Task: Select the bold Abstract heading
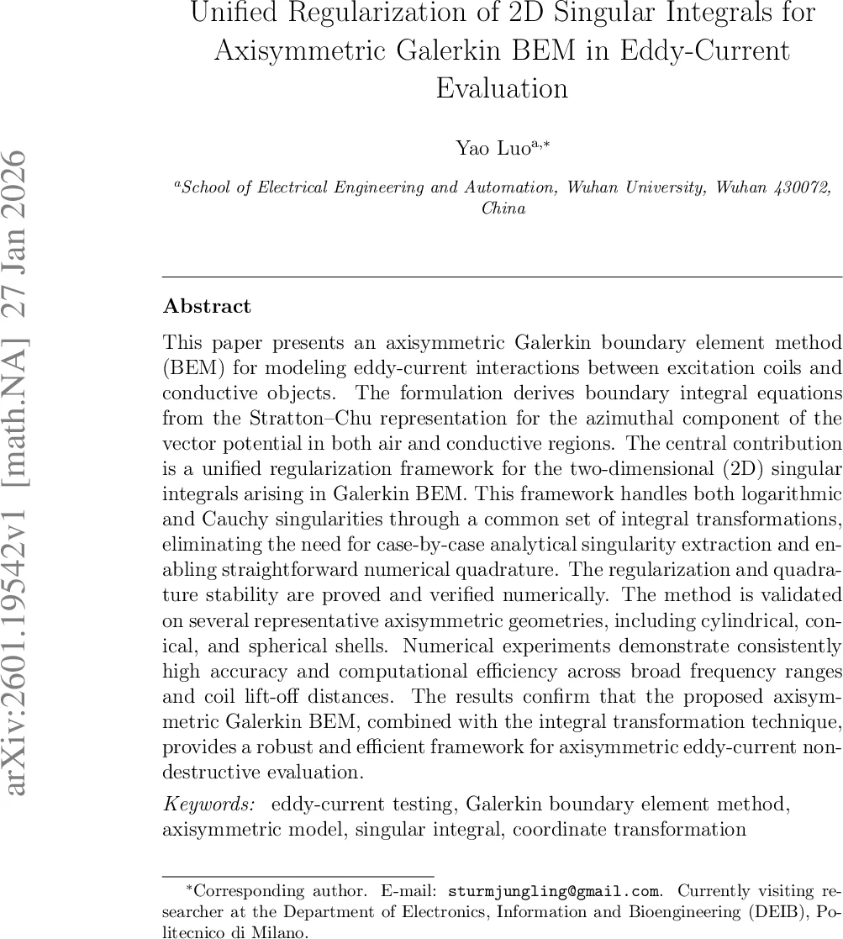click(x=207, y=306)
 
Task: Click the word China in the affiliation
click(x=503, y=208)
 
